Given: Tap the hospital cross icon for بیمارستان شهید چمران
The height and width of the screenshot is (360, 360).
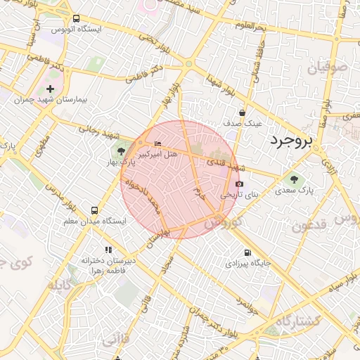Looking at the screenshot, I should pos(50,89).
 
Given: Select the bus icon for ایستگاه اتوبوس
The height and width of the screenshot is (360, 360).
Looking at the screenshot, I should pos(76,19).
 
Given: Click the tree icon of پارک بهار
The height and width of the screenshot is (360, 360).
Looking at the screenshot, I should pos(121,150).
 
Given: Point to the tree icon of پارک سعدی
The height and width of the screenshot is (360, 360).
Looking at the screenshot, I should pos(294,178).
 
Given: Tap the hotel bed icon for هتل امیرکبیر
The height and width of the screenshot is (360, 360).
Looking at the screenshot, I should pos(157,143).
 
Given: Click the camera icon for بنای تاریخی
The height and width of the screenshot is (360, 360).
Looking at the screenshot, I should pos(240,184).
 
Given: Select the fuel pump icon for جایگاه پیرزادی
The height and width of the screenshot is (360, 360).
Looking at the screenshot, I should pos(246,253).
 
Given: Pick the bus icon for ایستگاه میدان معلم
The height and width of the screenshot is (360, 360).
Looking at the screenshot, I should pos(94,210).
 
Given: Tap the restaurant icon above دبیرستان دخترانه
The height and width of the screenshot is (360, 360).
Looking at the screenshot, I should pos(108,250).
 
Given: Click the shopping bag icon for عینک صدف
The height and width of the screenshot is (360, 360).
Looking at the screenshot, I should pos(242,112).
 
